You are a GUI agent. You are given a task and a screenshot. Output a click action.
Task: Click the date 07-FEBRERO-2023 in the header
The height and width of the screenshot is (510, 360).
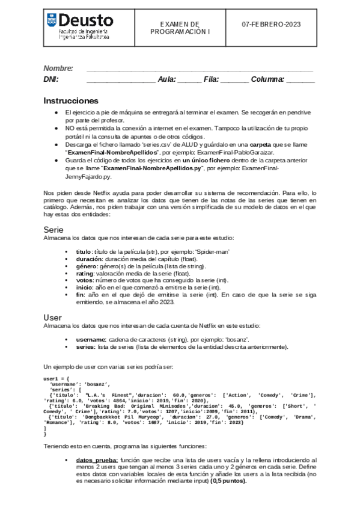click(x=271, y=25)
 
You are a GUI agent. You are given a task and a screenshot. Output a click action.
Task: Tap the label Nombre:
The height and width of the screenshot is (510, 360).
click(x=58, y=69)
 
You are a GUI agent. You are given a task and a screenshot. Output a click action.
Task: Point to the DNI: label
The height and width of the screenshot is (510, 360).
click(x=51, y=79)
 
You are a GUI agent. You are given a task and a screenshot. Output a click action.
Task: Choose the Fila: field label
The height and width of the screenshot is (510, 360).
click(x=211, y=79)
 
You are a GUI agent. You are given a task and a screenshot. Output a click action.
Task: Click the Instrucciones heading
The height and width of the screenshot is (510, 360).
click(x=71, y=100)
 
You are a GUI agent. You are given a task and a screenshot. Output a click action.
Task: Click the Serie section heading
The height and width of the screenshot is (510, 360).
click(x=53, y=230)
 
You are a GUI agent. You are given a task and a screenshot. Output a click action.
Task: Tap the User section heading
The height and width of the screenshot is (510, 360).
click(x=52, y=317)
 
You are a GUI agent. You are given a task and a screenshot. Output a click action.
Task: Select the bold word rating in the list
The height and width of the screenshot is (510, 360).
click(x=85, y=272)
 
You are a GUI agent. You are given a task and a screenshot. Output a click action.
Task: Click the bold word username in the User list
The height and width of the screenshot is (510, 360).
click(x=91, y=339)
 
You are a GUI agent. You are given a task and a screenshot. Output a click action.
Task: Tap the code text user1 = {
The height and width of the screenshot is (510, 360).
click(x=57, y=378)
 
